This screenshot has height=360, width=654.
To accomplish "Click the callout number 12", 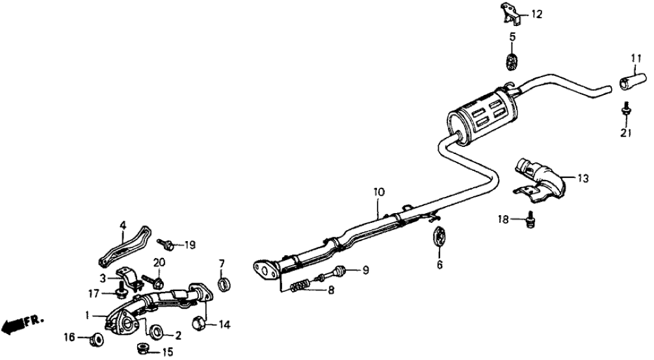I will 536,13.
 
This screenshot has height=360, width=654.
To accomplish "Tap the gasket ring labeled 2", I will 156,334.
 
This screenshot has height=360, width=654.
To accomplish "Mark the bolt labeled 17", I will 122,292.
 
